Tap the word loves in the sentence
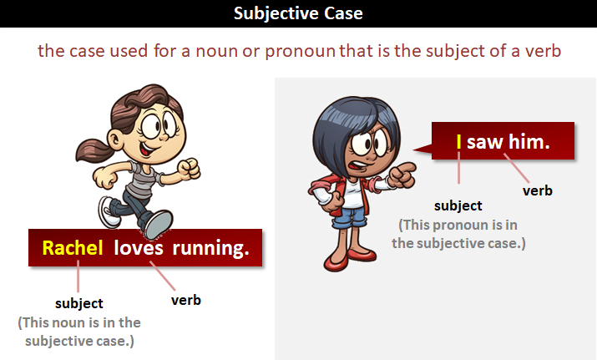coord(139,248)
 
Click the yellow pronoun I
coord(459,142)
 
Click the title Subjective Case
coord(298,13)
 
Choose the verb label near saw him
coord(538,190)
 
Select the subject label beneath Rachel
coord(78,303)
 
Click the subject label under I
coord(458,205)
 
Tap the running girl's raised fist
coord(191,168)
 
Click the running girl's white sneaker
coord(109,211)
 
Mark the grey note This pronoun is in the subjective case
coord(458,234)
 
